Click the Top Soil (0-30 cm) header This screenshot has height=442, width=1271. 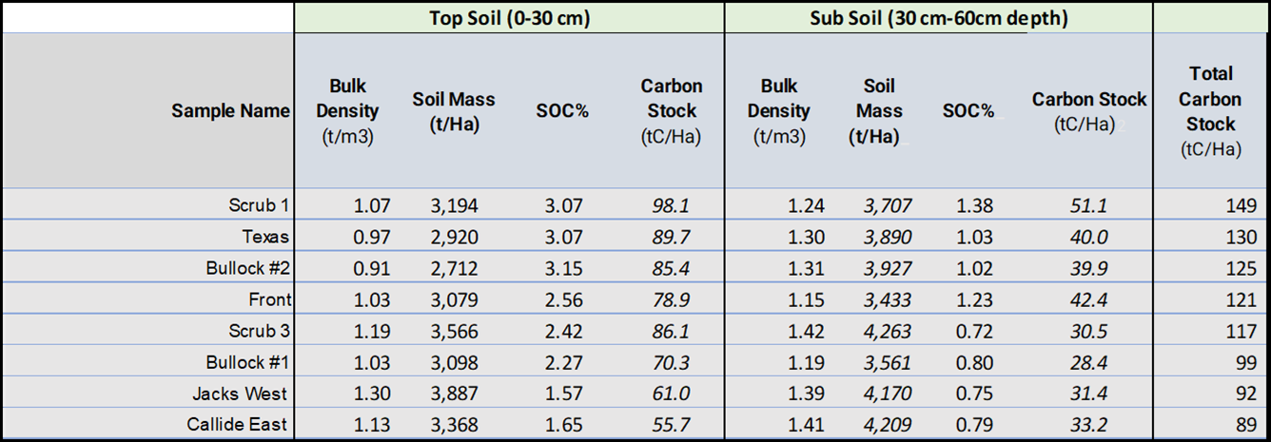(509, 17)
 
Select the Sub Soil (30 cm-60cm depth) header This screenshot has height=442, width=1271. (938, 17)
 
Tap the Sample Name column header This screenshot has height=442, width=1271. (230, 111)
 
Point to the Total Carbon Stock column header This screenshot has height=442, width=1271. (1210, 111)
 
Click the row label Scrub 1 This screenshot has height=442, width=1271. (259, 205)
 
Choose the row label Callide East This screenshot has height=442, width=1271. (237, 425)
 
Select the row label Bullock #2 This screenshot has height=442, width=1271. (248, 268)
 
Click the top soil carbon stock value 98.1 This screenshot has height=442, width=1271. (671, 205)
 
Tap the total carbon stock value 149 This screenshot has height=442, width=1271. (1241, 205)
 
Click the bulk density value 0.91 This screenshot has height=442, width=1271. (371, 268)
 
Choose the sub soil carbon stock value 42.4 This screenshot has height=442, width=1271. (1088, 299)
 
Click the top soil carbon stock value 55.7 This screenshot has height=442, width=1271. (671, 425)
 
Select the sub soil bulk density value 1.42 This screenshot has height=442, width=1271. (806, 331)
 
